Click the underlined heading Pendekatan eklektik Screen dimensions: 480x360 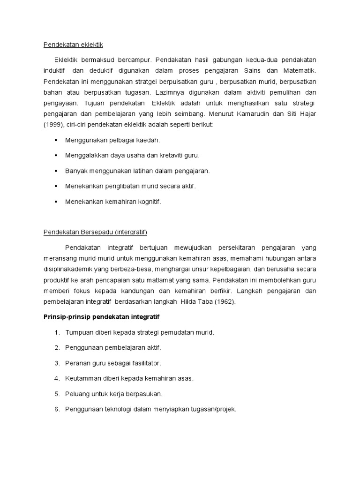pos(73,45)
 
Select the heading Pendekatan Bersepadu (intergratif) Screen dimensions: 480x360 pos(96,232)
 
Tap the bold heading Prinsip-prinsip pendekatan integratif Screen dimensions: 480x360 pos(102,317)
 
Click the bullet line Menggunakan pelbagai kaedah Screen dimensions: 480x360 pos(112,140)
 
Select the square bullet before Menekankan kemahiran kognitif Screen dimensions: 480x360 pos(56,202)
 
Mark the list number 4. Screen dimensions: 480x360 pos(56,378)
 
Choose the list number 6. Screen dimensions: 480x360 pos(56,409)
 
